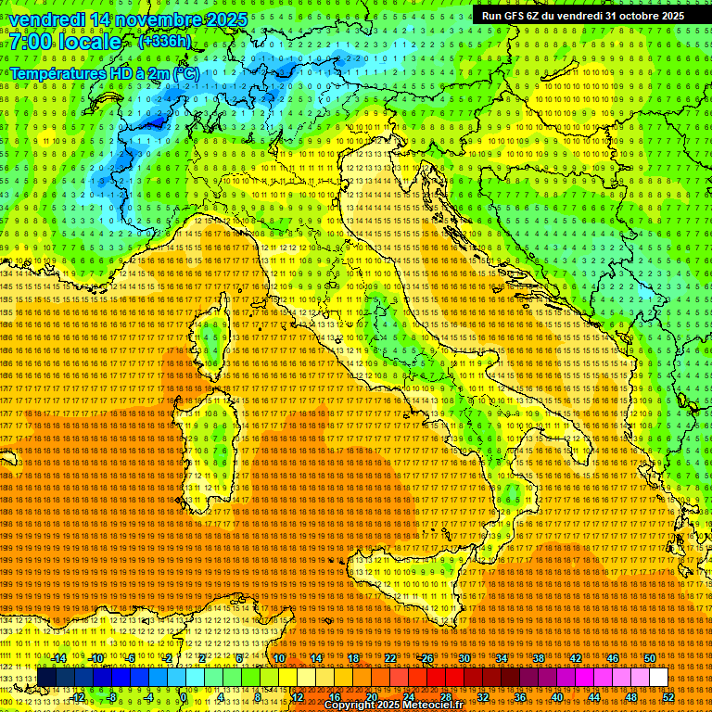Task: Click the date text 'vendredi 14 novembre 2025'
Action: pyautogui.click(x=129, y=19)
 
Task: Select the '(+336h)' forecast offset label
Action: pyautogui.click(x=164, y=41)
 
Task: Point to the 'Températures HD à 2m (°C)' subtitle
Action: pyautogui.click(x=103, y=73)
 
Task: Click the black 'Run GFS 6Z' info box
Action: pyautogui.click(x=582, y=16)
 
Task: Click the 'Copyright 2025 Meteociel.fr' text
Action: pyautogui.click(x=400, y=705)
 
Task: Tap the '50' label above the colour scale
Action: pyautogui.click(x=649, y=658)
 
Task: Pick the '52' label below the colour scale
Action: pyautogui.click(x=667, y=696)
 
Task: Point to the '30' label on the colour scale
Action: pyautogui.click(x=464, y=658)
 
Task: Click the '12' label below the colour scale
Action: pyautogui.click(x=298, y=696)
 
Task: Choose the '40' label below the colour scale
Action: pyautogui.click(x=556, y=696)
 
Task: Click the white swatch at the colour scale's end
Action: pyautogui.click(x=658, y=678)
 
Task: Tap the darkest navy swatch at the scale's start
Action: pyautogui.click(x=47, y=678)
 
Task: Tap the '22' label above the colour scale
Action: pyautogui.click(x=390, y=658)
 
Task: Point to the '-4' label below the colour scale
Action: pyautogui.click(x=148, y=696)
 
